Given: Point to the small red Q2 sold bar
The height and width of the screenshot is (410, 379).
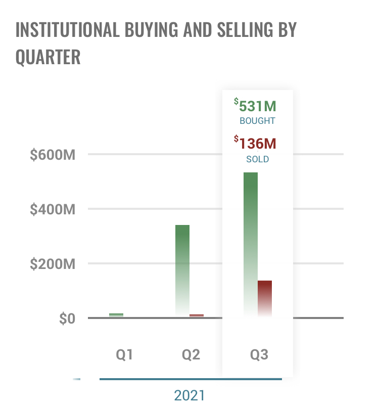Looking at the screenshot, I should [x=197, y=315].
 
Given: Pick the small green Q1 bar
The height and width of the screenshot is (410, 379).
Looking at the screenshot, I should [x=116, y=315].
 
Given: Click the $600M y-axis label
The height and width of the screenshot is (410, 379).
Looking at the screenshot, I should [x=53, y=155].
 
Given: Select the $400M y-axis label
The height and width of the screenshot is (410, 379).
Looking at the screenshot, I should [x=53, y=209].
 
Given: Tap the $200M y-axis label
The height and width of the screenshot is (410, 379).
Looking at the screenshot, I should [x=53, y=264].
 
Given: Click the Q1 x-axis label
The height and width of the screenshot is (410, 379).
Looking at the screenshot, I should [x=124, y=354].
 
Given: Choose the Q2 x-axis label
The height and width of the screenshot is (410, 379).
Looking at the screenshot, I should [x=191, y=354].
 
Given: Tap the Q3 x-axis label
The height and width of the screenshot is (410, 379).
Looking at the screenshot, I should [x=259, y=354].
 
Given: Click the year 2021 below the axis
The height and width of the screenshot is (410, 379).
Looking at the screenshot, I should [x=190, y=395].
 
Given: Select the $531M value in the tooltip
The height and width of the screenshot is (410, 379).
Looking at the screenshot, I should [x=256, y=106].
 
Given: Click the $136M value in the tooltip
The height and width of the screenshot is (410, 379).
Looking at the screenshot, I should [x=256, y=144].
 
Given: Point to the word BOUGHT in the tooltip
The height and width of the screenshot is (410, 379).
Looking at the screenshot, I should [x=257, y=121].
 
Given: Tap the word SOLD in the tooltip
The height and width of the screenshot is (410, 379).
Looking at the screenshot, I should [x=257, y=159].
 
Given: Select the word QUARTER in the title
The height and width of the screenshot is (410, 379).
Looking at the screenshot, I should [x=48, y=57].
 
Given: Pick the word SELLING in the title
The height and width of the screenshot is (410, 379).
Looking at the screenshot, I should [x=239, y=30].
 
